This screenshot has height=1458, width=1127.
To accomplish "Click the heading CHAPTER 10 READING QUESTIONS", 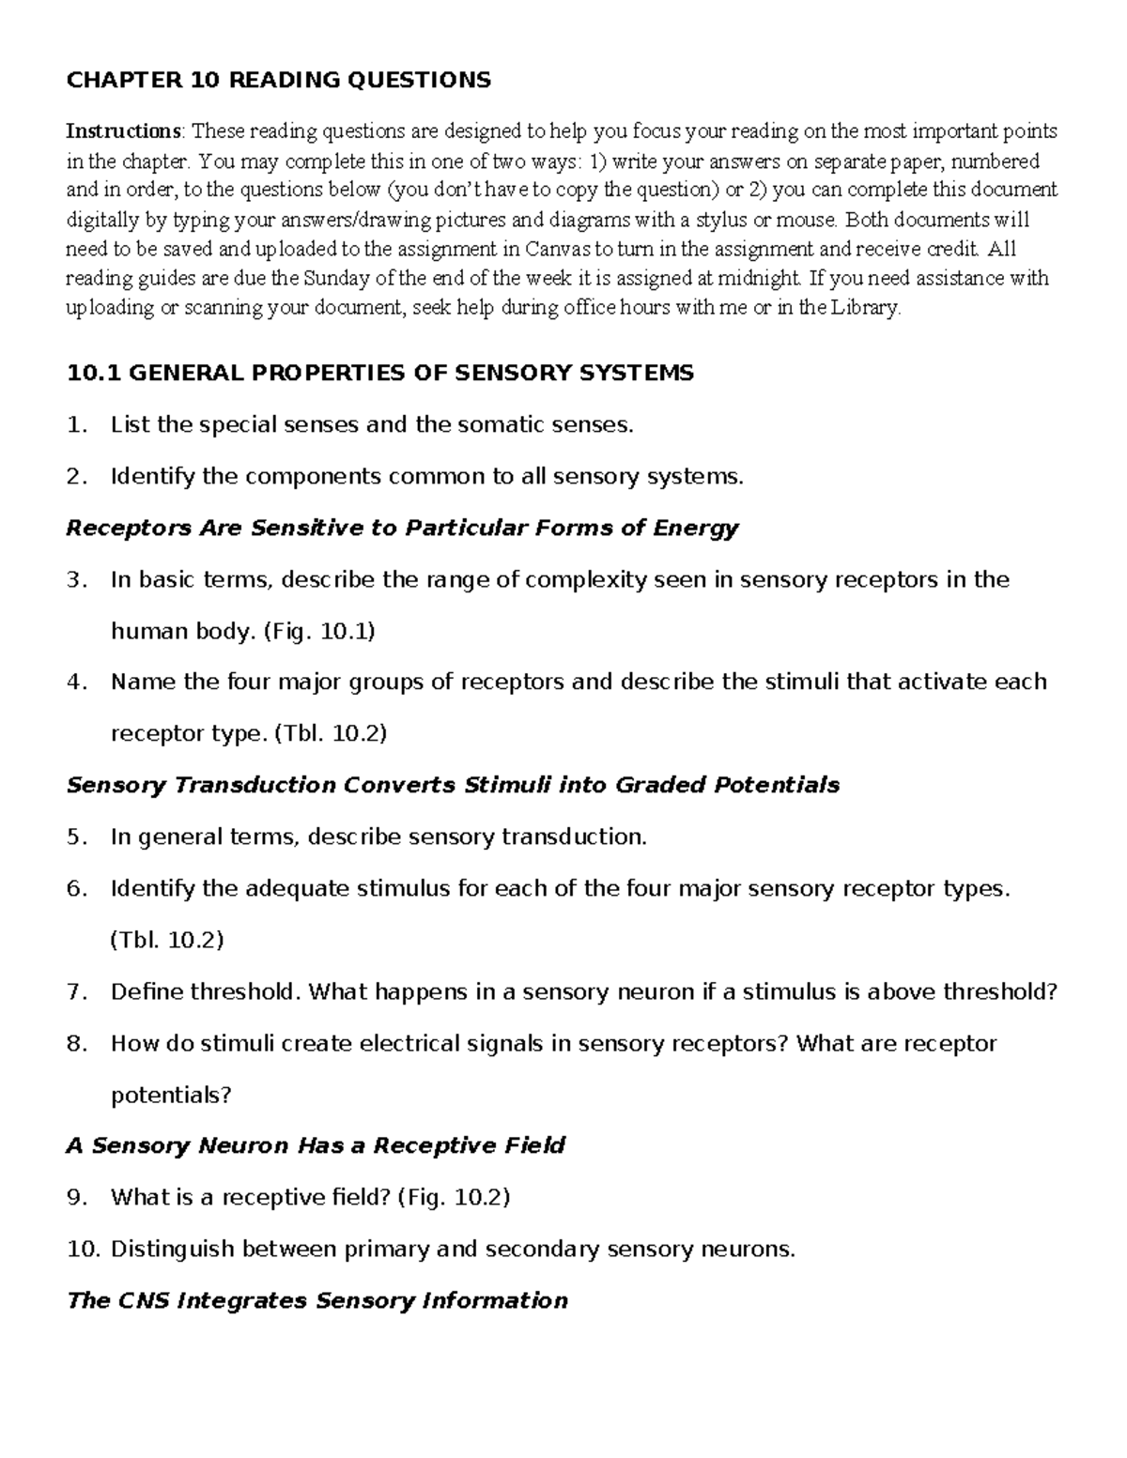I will coord(278,80).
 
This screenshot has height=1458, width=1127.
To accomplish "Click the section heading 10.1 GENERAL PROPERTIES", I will coord(379,373).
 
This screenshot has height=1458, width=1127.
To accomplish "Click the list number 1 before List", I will coord(75,425).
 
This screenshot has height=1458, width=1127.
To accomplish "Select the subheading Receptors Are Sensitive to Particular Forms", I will coord(402,528).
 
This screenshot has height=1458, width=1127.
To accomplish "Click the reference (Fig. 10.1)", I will coord(320,631).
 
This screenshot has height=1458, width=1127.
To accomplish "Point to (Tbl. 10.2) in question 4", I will coord(331,733).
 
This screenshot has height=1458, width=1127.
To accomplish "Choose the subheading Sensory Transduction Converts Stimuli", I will coord(453,785).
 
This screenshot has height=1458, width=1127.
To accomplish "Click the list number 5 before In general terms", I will coord(75,836).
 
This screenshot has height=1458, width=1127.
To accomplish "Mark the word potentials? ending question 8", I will coord(171,1095).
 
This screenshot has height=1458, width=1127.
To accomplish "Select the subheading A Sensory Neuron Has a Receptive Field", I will coord(316,1145).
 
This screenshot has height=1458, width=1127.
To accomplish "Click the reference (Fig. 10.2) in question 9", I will coord(455,1197).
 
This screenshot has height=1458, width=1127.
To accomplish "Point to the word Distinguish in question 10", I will coord(174,1249).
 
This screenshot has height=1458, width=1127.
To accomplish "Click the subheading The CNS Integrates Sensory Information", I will coord(317,1300).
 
